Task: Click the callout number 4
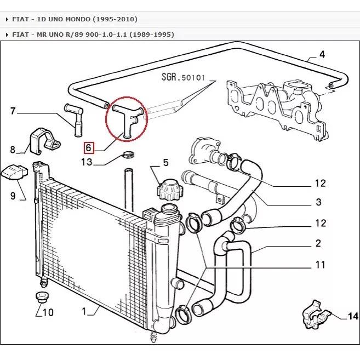(x=322, y=54)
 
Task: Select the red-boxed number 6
(x=89, y=147)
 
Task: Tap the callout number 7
(x=13, y=112)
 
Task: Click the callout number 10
(x=48, y=313)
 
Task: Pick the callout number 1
(x=85, y=311)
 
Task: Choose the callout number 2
(x=318, y=243)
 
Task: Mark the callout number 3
(x=318, y=203)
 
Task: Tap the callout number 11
(x=320, y=265)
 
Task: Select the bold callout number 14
(x=352, y=316)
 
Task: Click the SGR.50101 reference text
(x=183, y=77)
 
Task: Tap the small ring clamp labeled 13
(x=129, y=154)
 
